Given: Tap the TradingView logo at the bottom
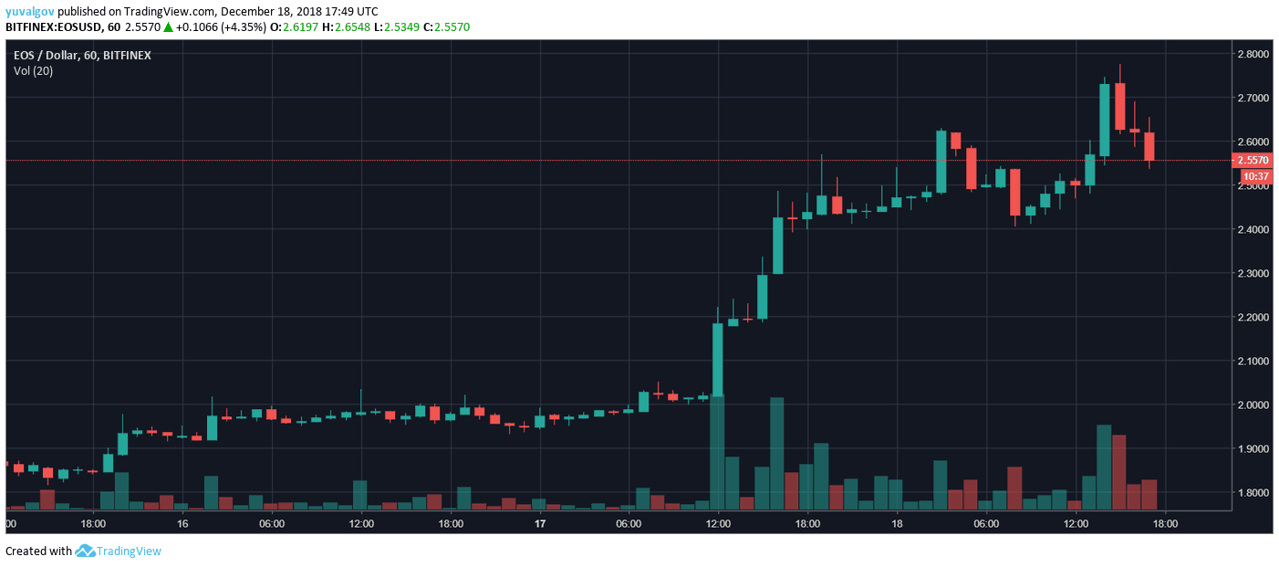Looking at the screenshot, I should click(x=119, y=551).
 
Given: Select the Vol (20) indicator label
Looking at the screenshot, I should click(x=33, y=70).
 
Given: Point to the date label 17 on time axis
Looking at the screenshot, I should click(x=540, y=523).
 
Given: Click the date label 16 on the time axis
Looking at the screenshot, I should click(x=182, y=523).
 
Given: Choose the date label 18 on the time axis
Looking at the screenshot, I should click(x=897, y=523).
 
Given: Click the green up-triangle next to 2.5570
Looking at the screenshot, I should click(x=168, y=27).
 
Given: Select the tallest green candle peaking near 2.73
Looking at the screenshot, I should click(x=1104, y=120).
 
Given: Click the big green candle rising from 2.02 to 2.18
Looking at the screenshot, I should click(x=717, y=360).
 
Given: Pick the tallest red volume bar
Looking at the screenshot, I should click(x=1119, y=472).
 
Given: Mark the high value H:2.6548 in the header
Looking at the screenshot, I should click(x=347, y=27).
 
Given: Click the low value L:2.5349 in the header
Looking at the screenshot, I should click(x=402, y=27).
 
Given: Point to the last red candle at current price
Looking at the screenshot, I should click(x=1149, y=146).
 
